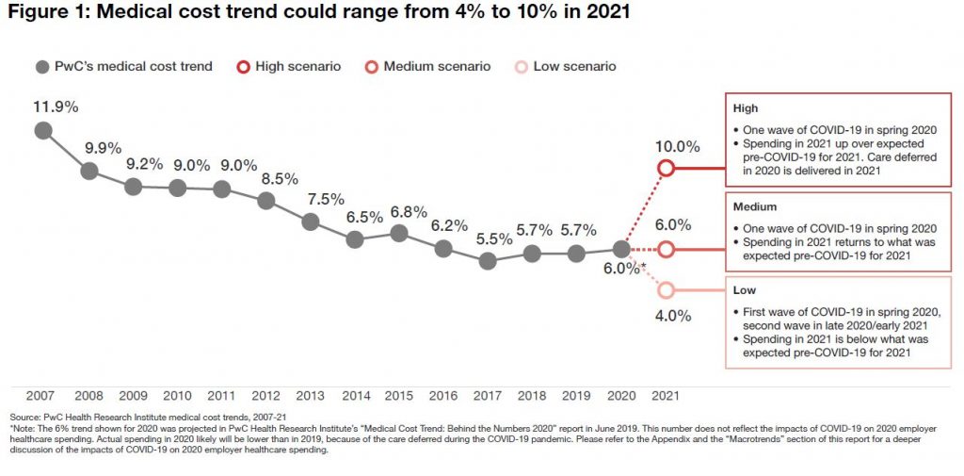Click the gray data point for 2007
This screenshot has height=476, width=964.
tap(43, 130)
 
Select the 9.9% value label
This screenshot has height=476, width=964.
tap(88, 148)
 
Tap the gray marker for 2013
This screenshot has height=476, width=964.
tap(311, 222)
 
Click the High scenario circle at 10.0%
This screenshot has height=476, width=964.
tap(666, 168)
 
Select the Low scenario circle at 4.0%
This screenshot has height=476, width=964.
tap(666, 290)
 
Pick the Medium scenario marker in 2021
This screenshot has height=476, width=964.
tap(666, 250)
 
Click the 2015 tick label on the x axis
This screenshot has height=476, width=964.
tap(398, 395)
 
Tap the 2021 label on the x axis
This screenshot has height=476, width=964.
tap(664, 395)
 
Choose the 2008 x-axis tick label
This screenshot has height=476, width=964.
tap(88, 395)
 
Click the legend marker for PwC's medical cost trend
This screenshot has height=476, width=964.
tap(42, 67)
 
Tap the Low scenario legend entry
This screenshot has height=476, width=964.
tap(564, 67)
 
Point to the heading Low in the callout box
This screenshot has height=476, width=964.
tap(745, 290)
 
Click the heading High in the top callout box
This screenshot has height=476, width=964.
tap(746, 108)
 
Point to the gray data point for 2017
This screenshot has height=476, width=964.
tap(488, 261)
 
